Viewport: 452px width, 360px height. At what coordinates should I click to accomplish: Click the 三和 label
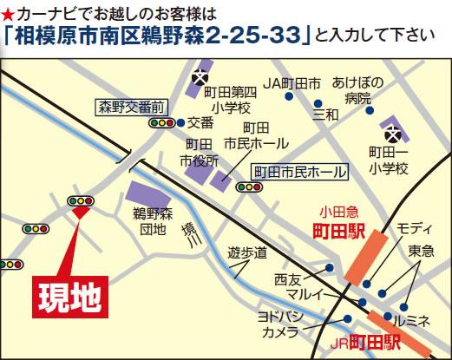tap(327, 114)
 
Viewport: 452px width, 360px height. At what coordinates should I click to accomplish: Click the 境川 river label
tap(187, 235)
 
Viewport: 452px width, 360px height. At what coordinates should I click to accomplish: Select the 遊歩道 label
tap(247, 253)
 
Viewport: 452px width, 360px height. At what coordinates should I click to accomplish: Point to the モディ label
tap(415, 227)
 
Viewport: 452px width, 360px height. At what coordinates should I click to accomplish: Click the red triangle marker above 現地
tap(80, 211)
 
